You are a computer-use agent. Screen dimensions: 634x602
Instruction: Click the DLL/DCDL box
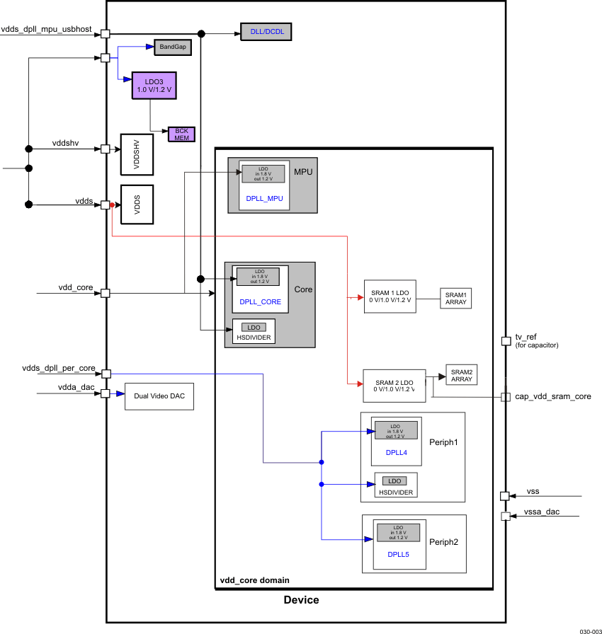point(266,33)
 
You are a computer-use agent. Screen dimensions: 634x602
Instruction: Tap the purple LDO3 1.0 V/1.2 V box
point(154,86)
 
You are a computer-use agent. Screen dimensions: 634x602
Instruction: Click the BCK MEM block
point(181,134)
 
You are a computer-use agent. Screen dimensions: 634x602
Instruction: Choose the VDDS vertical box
point(137,204)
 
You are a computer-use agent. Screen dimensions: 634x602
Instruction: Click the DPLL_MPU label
point(264,198)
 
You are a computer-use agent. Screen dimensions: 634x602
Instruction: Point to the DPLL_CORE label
point(260,301)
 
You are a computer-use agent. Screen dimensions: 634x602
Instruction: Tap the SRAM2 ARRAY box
point(461,376)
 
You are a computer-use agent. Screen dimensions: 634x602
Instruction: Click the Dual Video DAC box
point(159,396)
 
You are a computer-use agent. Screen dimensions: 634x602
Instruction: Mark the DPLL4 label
point(396,452)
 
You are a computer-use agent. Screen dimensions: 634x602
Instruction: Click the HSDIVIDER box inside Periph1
point(396,485)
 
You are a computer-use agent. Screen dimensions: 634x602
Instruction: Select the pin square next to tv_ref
point(506,341)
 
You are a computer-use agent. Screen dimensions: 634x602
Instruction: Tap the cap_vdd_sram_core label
point(553,396)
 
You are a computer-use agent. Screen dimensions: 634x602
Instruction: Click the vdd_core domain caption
point(254,580)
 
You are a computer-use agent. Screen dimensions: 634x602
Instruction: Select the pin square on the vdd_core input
point(106,293)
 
